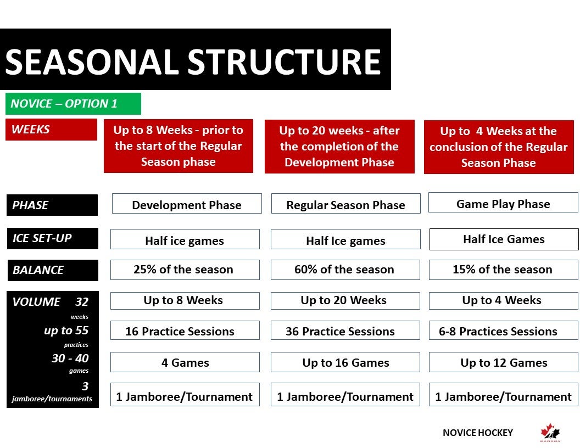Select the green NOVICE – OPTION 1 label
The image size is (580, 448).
(73, 104)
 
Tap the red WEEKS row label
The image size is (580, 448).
(52, 130)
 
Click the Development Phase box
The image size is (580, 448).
(187, 204)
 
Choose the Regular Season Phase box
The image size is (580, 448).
(346, 204)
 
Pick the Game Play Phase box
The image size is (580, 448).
(503, 203)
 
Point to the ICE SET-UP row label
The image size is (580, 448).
(53, 238)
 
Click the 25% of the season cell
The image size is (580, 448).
(185, 270)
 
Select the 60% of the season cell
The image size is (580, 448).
(345, 270)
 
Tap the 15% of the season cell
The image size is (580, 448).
(504, 270)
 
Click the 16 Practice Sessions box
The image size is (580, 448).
(185, 331)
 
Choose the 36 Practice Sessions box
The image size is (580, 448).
(345, 331)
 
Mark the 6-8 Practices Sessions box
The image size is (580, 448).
(504, 331)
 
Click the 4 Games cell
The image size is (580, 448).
(185, 362)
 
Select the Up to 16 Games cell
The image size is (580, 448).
(345, 362)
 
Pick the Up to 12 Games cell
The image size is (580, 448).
(504, 362)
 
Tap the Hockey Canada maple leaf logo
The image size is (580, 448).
(550, 432)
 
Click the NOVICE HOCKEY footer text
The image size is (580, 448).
(477, 433)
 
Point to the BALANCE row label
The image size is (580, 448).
(53, 270)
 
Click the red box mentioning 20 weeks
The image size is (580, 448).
(339, 147)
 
